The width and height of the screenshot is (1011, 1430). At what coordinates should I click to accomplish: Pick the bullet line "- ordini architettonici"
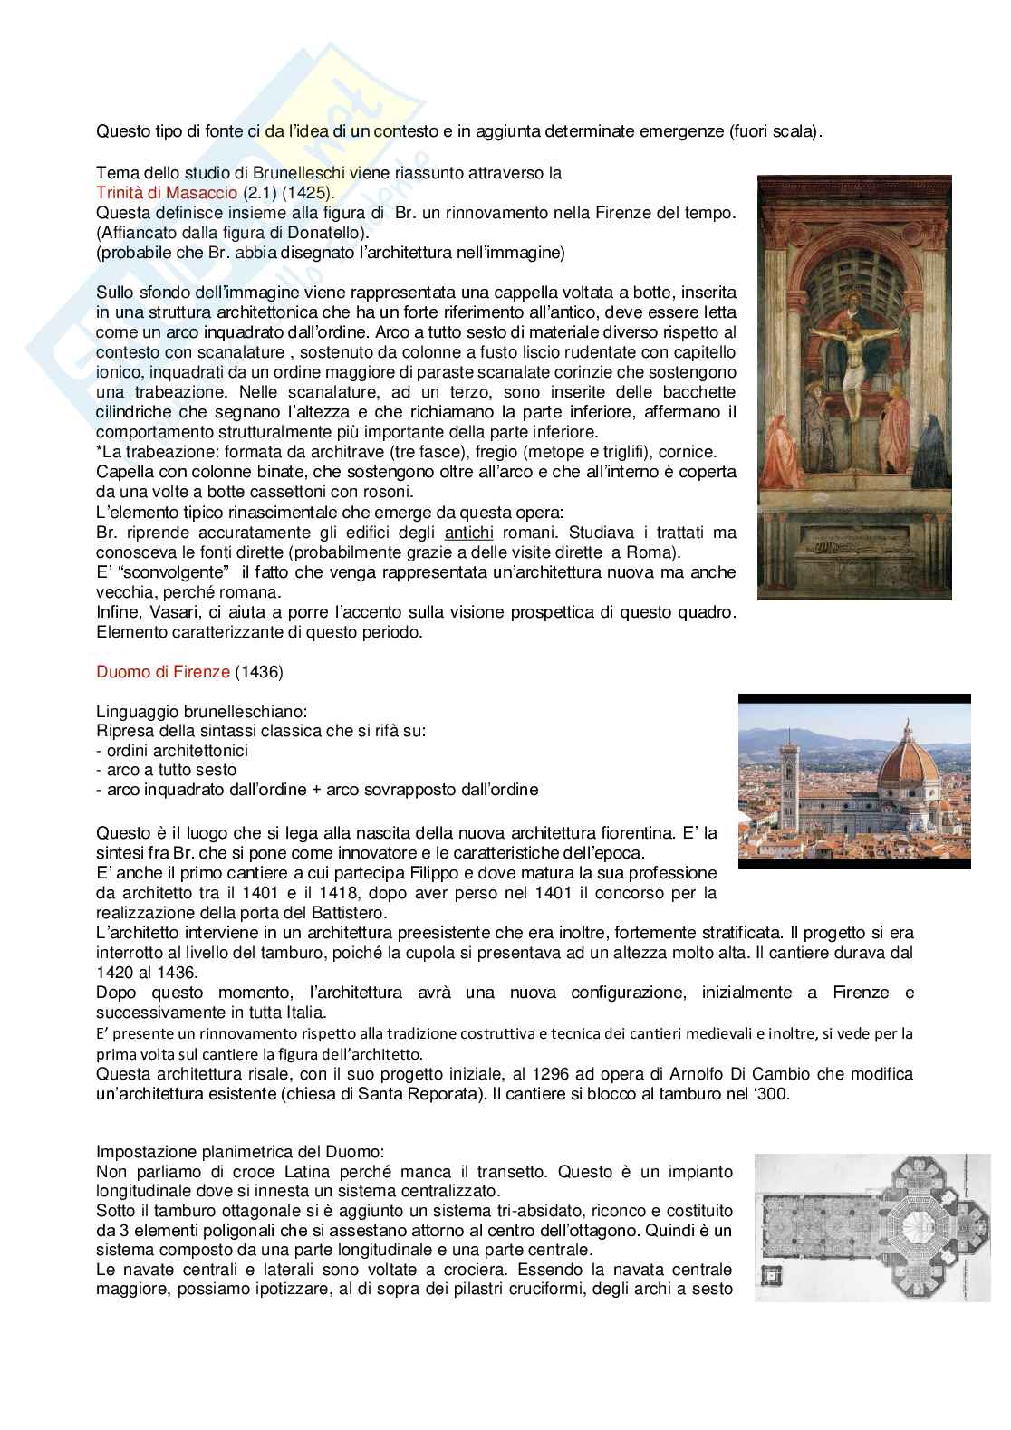pyautogui.click(x=171, y=750)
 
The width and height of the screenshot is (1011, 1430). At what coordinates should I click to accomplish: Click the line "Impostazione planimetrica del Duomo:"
pyautogui.click(x=239, y=1152)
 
